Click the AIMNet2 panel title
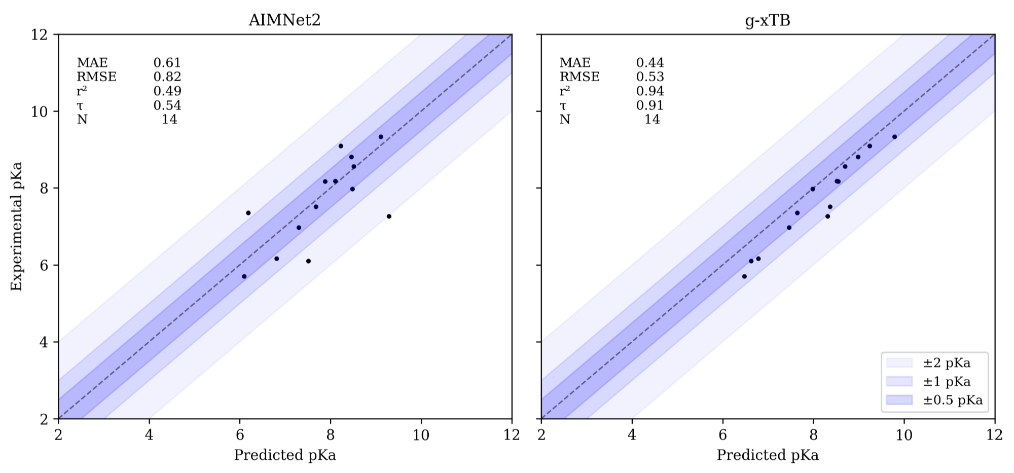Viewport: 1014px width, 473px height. [x=284, y=20]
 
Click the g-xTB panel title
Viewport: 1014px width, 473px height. [x=768, y=20]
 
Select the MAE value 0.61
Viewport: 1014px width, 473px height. [x=167, y=62]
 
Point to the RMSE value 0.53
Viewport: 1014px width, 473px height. [x=650, y=77]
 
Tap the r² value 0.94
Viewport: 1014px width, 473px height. [x=650, y=91]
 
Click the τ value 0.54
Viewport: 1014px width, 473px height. [x=167, y=105]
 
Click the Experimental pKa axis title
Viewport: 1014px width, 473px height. [x=16, y=226]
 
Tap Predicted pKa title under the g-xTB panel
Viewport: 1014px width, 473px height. [x=768, y=455]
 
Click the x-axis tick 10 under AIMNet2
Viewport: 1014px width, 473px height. [x=421, y=435]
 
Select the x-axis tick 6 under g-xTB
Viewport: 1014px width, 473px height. [x=722, y=435]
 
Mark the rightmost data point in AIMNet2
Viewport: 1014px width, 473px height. [x=389, y=216]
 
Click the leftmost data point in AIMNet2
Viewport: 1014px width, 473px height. [x=244, y=276]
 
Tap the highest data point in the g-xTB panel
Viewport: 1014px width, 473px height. [x=894, y=137]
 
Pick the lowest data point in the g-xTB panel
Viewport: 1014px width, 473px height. [x=744, y=276]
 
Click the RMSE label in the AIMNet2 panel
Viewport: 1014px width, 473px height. [x=96, y=77]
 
